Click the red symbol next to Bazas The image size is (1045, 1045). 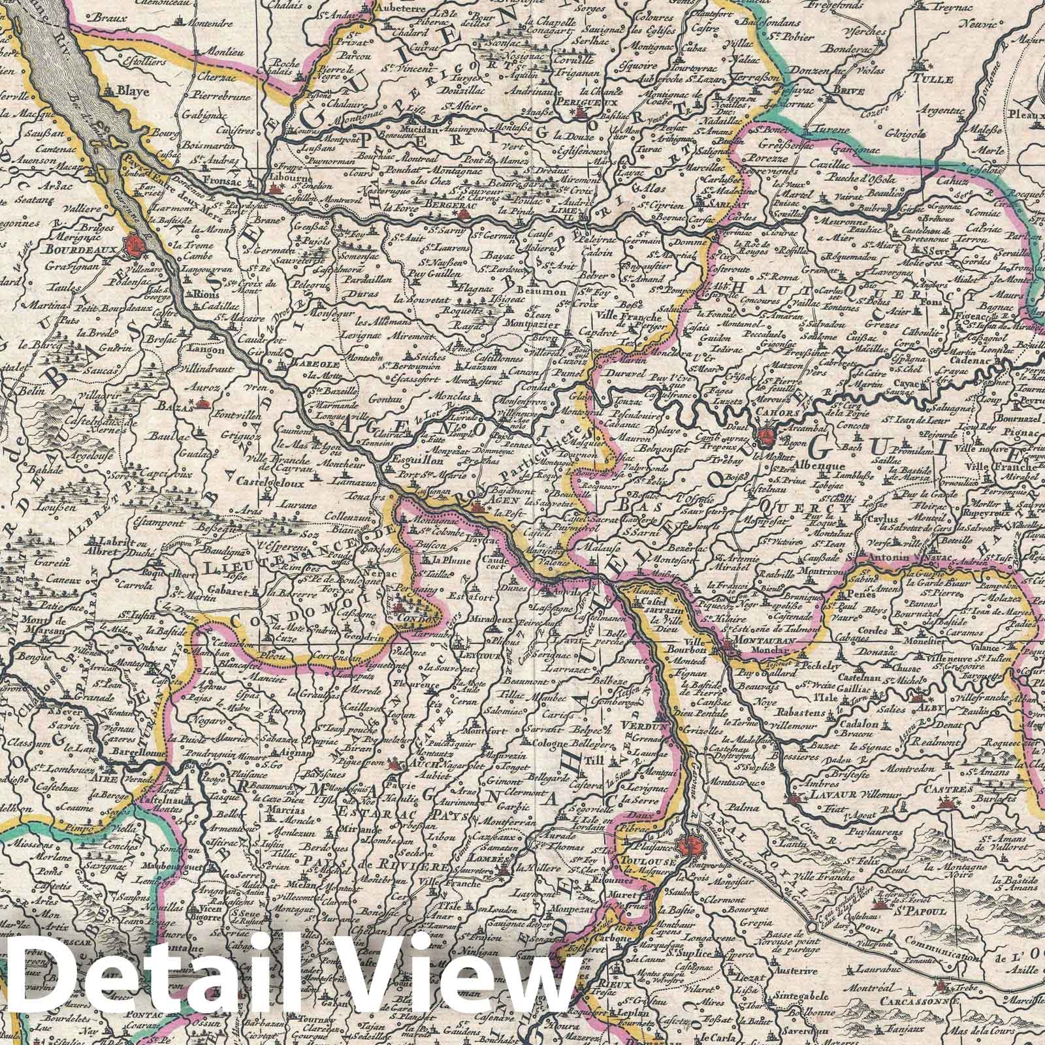coord(204,405)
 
